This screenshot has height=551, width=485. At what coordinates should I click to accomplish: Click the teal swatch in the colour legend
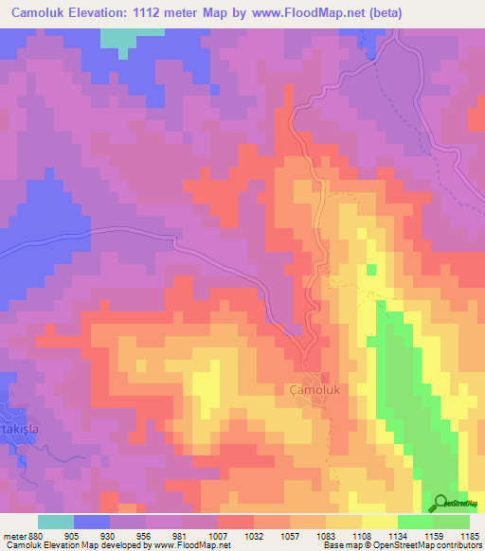pos(56,521)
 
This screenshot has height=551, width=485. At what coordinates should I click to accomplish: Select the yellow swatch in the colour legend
pos(379,521)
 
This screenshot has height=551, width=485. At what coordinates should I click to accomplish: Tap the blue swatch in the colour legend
pos(92,521)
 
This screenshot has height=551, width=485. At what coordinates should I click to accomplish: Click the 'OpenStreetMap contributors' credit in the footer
pos(431,545)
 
